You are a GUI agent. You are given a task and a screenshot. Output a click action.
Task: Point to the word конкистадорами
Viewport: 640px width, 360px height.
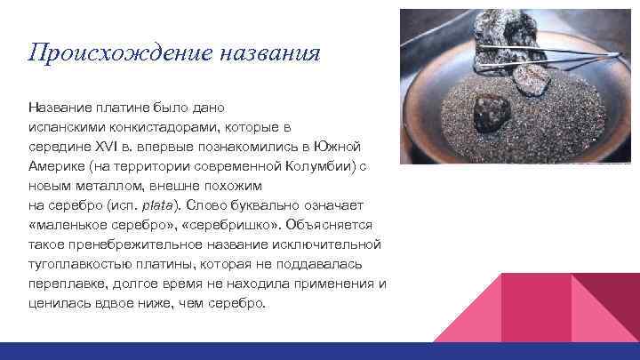[x=169, y=126]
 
